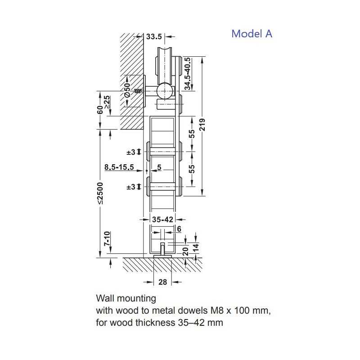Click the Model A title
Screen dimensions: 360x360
coord(252,34)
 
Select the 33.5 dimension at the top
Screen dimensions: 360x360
coord(154,36)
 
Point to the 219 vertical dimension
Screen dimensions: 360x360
coord(202,125)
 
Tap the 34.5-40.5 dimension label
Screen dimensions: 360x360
coord(188,74)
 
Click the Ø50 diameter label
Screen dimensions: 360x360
coord(127,90)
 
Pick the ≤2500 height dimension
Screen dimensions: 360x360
coord(100,193)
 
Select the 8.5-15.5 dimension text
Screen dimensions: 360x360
coord(119,167)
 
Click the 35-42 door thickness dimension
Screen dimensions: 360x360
coord(162,220)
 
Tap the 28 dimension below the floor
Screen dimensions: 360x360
coord(162,282)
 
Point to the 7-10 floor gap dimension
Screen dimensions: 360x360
coord(107,238)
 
